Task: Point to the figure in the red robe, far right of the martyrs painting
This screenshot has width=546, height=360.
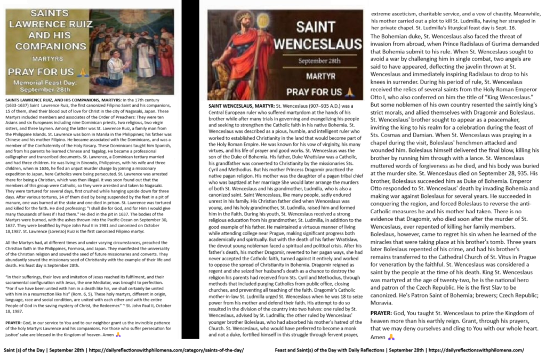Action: coord(165,59)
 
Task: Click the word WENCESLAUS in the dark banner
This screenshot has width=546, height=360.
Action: coord(315,43)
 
